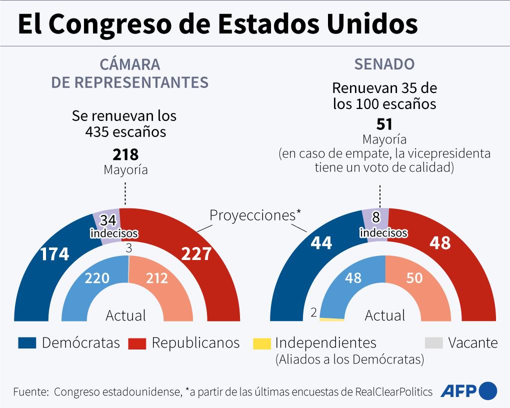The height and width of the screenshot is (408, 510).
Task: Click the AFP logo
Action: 468,390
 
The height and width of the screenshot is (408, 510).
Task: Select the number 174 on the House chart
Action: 54,254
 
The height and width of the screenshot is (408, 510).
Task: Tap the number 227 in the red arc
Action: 196,254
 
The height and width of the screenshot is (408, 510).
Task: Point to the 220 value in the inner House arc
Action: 97,278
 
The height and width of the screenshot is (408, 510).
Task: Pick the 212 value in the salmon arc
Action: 157,278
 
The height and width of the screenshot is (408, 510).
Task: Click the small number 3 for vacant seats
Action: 128,248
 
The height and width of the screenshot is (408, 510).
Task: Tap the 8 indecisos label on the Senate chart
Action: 383,226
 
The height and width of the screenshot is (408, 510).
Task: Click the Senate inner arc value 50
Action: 414,278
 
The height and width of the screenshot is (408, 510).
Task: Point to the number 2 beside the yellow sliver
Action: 313,313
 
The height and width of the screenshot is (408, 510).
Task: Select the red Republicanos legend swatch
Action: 137,343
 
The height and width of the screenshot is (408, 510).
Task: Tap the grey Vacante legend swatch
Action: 433,343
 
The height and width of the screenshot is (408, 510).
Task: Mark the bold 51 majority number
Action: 384,124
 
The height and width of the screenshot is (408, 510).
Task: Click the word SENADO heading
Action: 384,64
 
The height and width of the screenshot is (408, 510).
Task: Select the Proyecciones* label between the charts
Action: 255,215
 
